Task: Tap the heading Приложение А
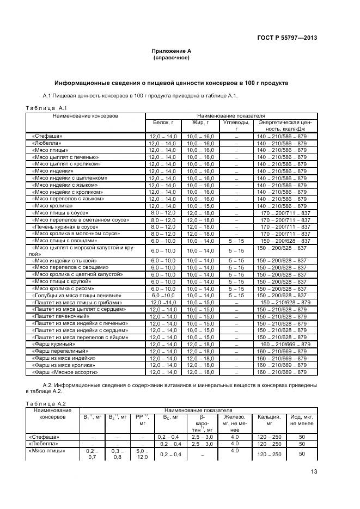click(x=171, y=51)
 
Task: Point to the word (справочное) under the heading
click(x=171, y=57)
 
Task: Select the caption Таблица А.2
click(x=46, y=403)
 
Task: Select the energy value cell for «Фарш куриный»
click(x=285, y=345)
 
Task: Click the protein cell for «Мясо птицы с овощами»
click(x=162, y=241)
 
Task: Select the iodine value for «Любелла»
click(x=301, y=444)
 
